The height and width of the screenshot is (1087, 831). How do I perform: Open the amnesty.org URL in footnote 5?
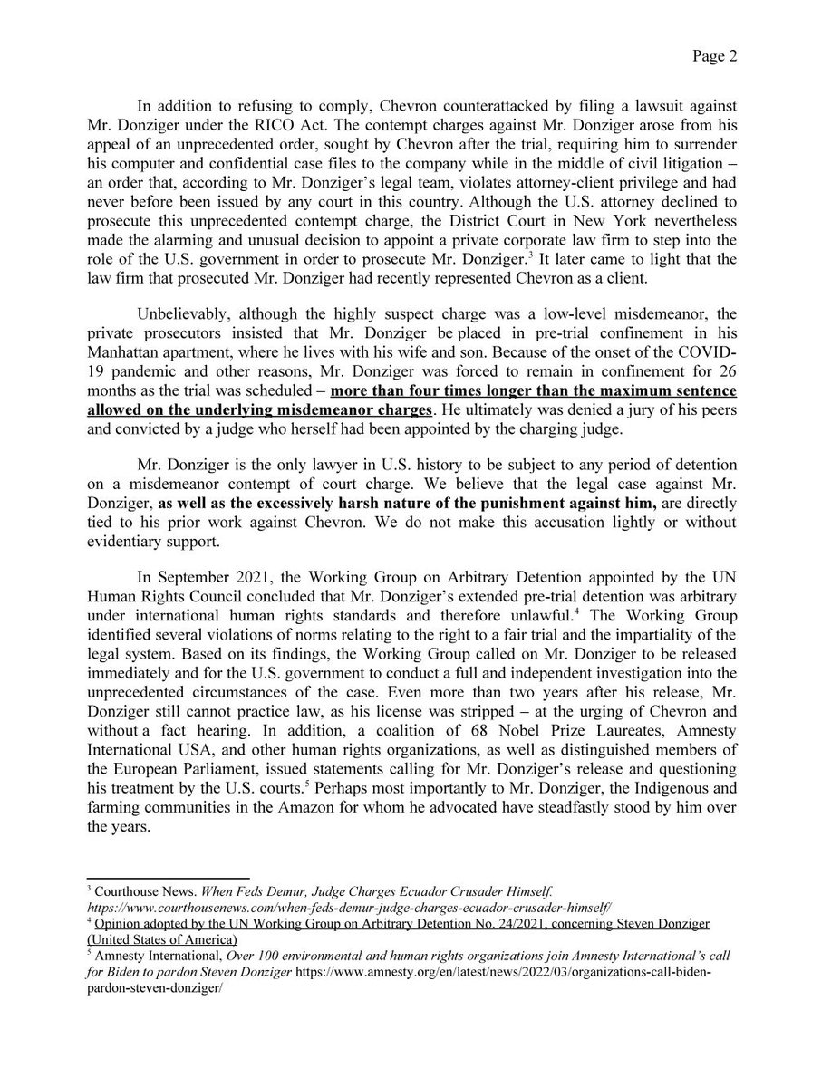[544, 974]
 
